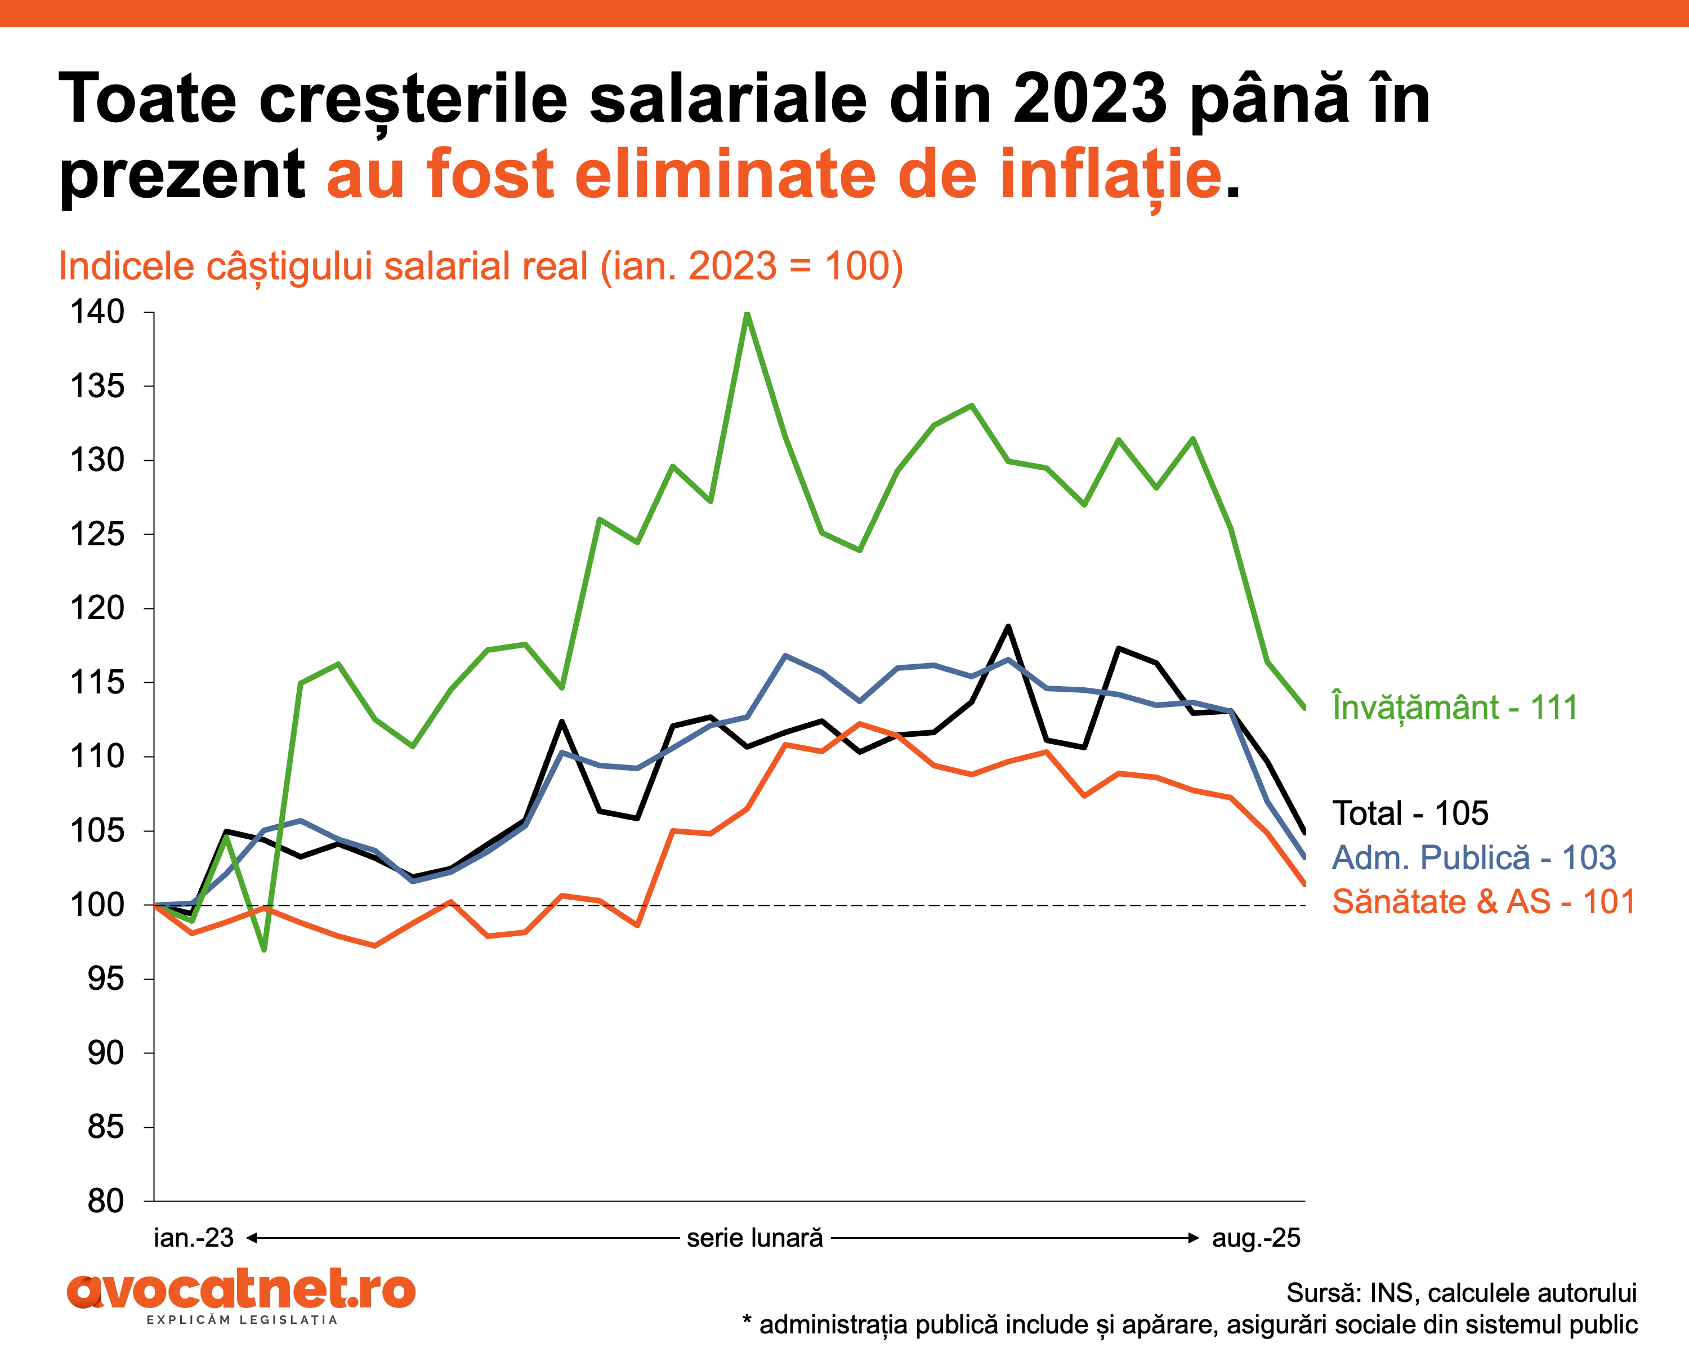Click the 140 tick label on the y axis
pyautogui.click(x=97, y=312)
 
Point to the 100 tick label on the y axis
pyautogui.click(x=97, y=905)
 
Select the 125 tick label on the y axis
pyautogui.click(x=97, y=535)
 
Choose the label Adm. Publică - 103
pyautogui.click(x=1473, y=857)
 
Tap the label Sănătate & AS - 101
pyautogui.click(x=1484, y=902)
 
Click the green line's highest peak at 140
pyautogui.click(x=747, y=314)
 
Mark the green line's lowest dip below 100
pyautogui.click(x=264, y=949)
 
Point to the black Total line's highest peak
pyautogui.click(x=1008, y=626)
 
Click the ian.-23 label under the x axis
pyautogui.click(x=194, y=1238)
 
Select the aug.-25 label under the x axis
pyautogui.click(x=1256, y=1238)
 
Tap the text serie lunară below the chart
pyautogui.click(x=755, y=1238)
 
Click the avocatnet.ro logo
pyautogui.click(x=242, y=1290)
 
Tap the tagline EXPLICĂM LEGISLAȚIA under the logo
pyautogui.click(x=242, y=1320)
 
